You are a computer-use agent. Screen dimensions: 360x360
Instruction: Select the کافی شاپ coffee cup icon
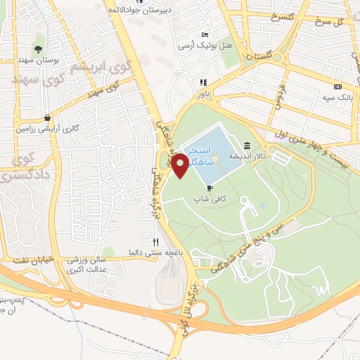210,187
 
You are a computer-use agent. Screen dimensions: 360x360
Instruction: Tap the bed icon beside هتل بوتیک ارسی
205,35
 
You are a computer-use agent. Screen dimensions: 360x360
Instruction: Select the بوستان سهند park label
38,61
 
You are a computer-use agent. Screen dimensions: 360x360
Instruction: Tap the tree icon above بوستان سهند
38,49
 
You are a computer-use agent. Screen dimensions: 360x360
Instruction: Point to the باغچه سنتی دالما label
165,252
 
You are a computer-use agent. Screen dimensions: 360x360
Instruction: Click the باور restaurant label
203,92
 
